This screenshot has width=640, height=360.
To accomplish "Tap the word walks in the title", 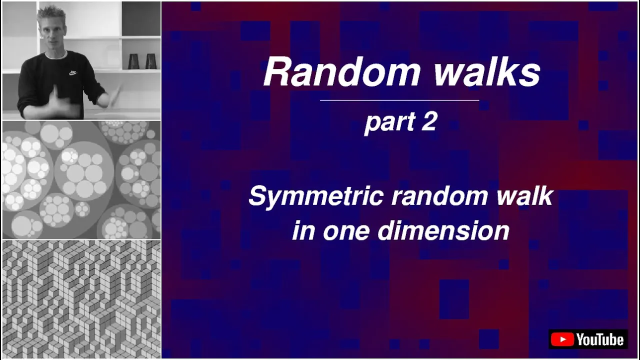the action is click(x=487, y=71).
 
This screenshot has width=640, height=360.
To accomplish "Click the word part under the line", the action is click(x=389, y=123).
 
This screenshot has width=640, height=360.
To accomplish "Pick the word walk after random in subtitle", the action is click(x=525, y=196).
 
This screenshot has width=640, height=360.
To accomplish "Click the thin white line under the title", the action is click(x=399, y=100).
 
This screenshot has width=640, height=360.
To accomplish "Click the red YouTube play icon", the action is click(x=562, y=339).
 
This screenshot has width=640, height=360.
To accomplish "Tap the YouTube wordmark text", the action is click(x=600, y=339).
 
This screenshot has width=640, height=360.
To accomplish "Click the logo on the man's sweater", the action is click(x=73, y=73).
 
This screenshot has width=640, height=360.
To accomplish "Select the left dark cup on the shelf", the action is click(x=133, y=61).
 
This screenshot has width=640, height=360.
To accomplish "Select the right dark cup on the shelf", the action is click(x=151, y=61).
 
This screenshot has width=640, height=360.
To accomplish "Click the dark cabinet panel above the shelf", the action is click(x=141, y=19).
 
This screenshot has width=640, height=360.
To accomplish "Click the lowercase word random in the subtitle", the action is click(x=439, y=196).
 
